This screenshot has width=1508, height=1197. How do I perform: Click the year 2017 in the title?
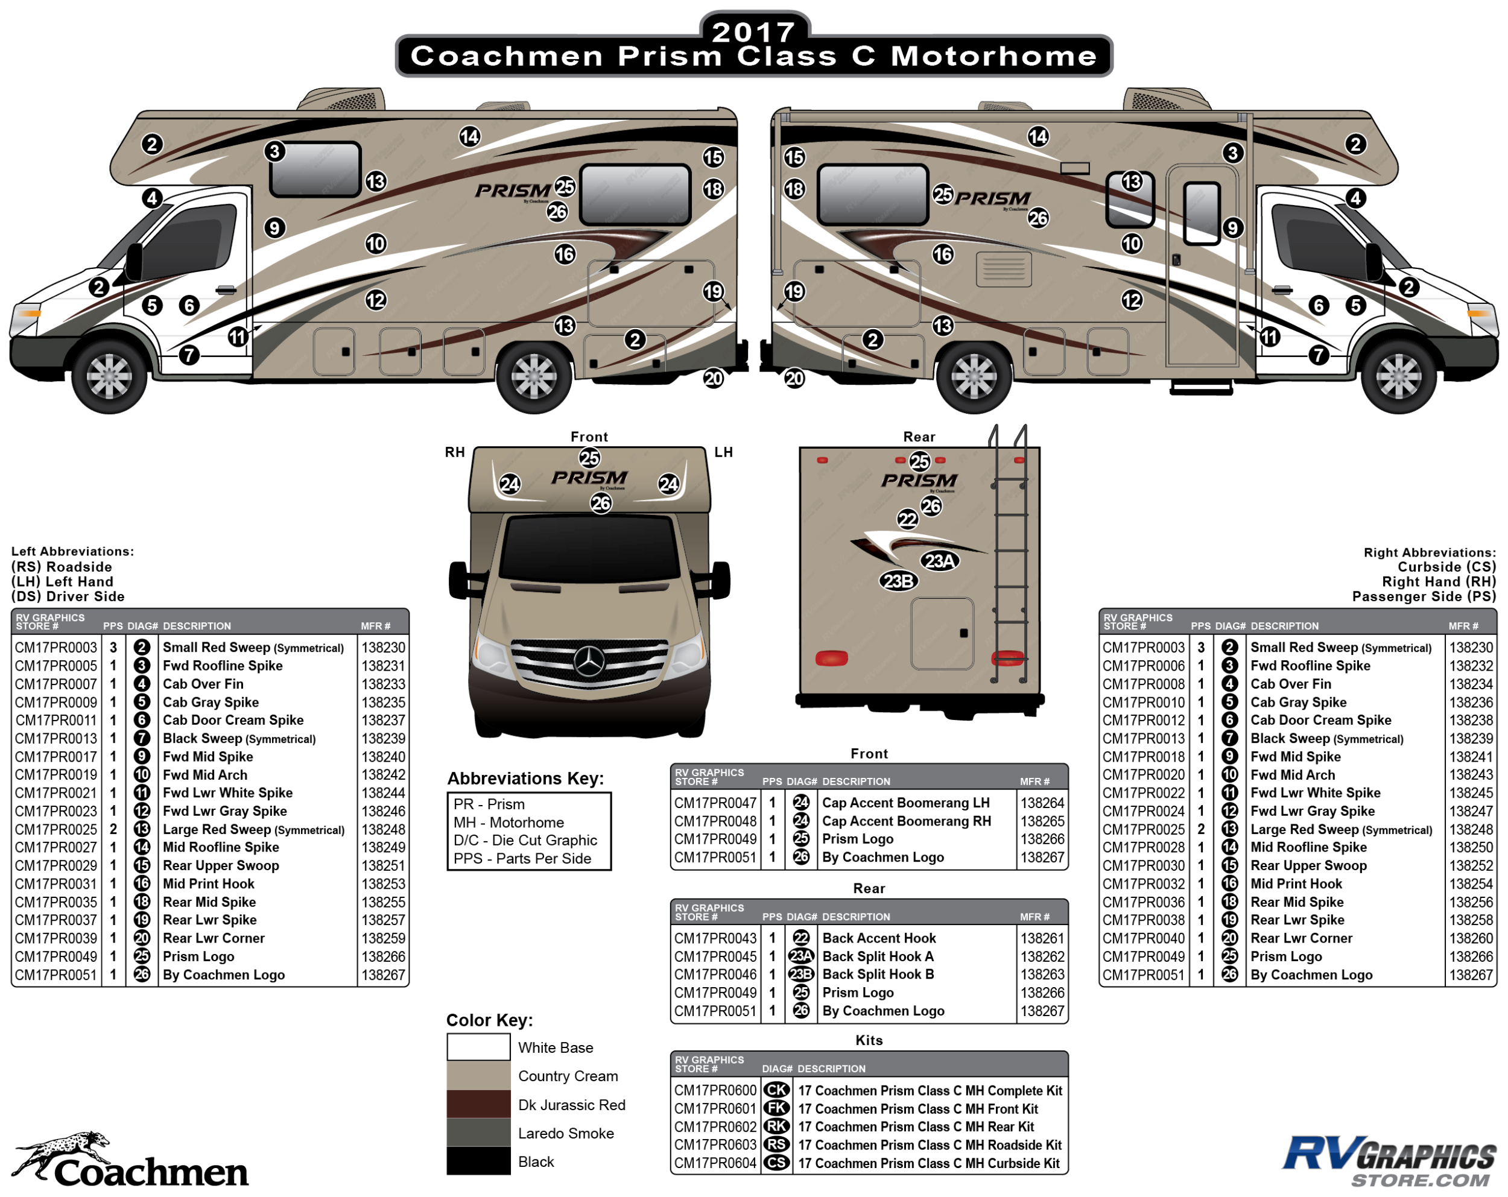coord(753,31)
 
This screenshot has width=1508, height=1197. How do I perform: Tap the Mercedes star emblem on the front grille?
coord(588,661)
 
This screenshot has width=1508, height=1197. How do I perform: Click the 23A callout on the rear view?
coord(939,561)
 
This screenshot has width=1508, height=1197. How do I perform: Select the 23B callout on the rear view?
coord(898,581)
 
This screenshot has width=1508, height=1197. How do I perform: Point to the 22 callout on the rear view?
coord(907,519)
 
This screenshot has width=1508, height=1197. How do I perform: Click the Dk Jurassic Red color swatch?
coord(478,1104)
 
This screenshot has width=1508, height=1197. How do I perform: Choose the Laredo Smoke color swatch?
coord(478,1132)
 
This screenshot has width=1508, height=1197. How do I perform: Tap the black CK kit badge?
coord(776,1090)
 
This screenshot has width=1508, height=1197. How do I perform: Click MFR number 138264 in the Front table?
coord(1042,803)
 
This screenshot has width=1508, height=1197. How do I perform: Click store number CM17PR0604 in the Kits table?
coord(715,1163)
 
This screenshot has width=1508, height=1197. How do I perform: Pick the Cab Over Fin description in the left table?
coord(203,684)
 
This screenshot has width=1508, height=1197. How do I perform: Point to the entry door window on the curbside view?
coord(1202,212)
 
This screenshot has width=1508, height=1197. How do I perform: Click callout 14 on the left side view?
coord(469,136)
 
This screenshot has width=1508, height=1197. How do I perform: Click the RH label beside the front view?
coord(455,452)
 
